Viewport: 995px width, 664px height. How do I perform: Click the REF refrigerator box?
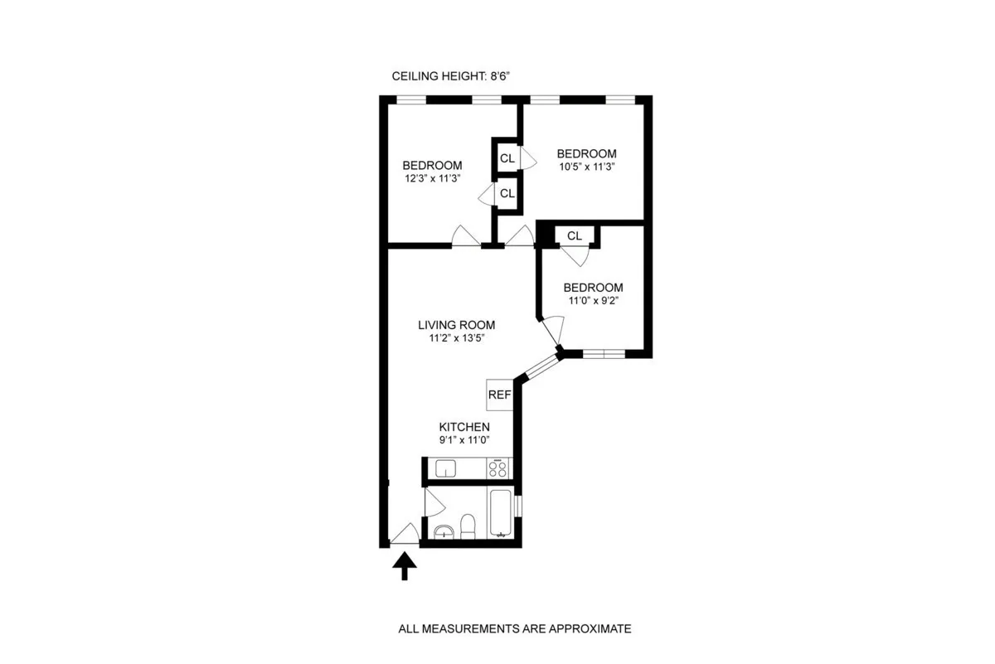[499, 395]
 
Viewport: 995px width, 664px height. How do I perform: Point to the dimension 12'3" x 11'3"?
[432, 177]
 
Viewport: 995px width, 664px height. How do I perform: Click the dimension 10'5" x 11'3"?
[586, 166]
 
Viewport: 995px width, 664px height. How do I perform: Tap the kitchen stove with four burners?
[498, 468]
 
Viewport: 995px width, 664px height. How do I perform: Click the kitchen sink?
[446, 469]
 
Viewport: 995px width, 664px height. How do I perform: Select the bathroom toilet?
[468, 526]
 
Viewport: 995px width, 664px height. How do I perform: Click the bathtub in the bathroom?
[501, 514]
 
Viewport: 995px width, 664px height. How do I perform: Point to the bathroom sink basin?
[444, 531]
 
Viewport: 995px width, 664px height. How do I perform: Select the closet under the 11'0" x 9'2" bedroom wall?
[575, 236]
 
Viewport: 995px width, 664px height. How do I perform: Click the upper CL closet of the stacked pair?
[507, 158]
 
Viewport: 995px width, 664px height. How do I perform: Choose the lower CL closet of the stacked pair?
[507, 193]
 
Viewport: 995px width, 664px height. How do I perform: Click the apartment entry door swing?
[405, 535]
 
